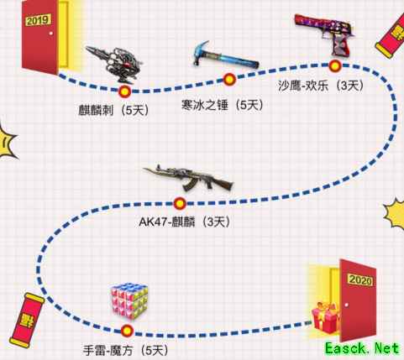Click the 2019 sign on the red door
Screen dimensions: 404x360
(39, 20)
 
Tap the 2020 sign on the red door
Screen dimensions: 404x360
(360, 279)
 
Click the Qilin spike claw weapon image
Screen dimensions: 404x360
(114, 64)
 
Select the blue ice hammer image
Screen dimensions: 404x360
(225, 56)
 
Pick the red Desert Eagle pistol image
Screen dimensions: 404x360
(325, 33)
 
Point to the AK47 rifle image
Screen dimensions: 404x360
(188, 178)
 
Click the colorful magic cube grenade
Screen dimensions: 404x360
(129, 300)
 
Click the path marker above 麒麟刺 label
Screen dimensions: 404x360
(124, 91)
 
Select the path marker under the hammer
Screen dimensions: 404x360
(229, 80)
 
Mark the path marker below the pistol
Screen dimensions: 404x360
(334, 66)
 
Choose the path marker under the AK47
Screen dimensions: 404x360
(180, 204)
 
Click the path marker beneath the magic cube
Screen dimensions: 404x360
(127, 331)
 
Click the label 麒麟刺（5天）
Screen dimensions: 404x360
(113, 111)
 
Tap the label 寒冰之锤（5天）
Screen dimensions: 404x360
(223, 105)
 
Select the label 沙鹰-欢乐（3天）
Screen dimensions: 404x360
(321, 86)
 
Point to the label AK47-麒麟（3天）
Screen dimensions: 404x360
(185, 222)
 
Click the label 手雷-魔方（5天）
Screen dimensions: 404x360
(126, 350)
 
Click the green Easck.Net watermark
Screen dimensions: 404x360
(362, 349)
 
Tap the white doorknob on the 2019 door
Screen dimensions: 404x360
(50, 34)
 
